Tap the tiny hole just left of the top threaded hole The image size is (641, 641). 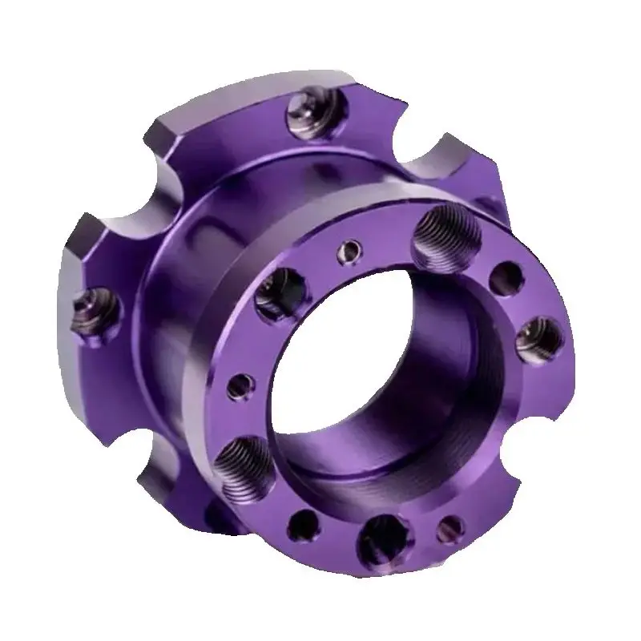349,252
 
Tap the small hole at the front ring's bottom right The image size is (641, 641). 450,526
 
